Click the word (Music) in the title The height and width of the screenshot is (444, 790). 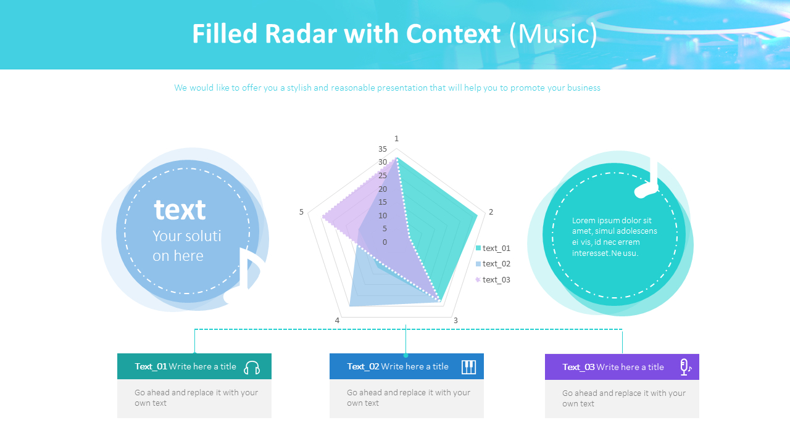pyautogui.click(x=554, y=34)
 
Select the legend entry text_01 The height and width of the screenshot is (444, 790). pyautogui.click(x=496, y=248)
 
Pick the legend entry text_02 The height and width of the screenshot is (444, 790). pyautogui.click(x=496, y=264)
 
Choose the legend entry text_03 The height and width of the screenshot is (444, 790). pyautogui.click(x=496, y=280)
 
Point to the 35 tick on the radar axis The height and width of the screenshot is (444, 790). pyautogui.click(x=383, y=149)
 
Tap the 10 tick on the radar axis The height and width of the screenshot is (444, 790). pyautogui.click(x=383, y=216)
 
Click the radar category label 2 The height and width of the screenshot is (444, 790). pyautogui.click(x=491, y=212)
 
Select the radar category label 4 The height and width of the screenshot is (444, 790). pyautogui.click(x=337, y=320)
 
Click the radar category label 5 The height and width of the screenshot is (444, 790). pyautogui.click(x=302, y=212)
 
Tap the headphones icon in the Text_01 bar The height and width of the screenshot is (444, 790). pyautogui.click(x=252, y=368)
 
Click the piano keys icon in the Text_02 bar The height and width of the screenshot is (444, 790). pyautogui.click(x=469, y=367)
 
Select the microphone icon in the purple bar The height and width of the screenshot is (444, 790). pyautogui.click(x=684, y=367)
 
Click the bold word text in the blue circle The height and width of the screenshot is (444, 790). pyautogui.click(x=180, y=210)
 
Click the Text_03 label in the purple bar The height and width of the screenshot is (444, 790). pyautogui.click(x=578, y=367)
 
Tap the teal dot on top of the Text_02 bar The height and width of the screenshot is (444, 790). pyautogui.click(x=405, y=355)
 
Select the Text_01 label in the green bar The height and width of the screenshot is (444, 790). pyautogui.click(x=151, y=366)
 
